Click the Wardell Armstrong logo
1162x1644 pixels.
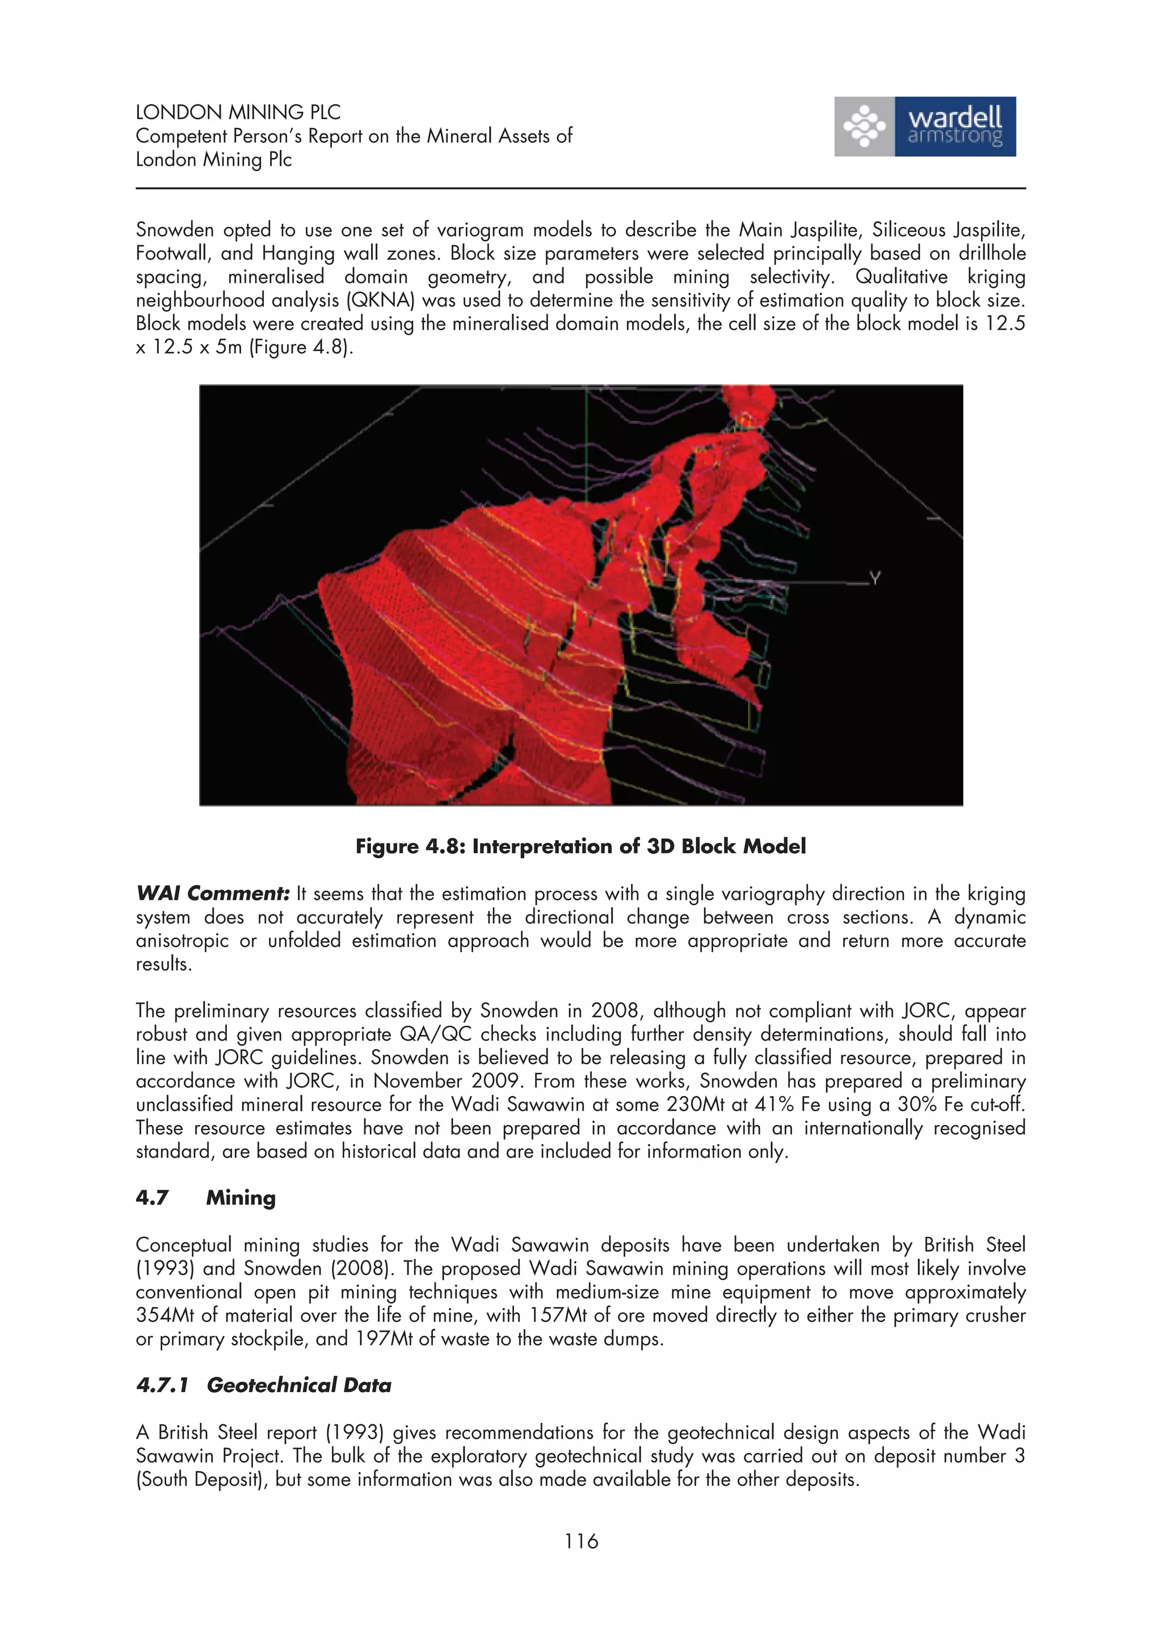point(924,127)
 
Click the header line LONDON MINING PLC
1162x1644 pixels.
point(238,112)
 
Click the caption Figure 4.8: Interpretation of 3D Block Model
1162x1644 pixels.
point(580,846)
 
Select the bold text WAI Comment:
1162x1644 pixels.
point(213,893)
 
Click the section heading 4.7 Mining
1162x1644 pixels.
point(206,1198)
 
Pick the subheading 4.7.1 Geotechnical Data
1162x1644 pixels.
point(263,1385)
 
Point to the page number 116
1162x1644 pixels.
point(580,1541)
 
